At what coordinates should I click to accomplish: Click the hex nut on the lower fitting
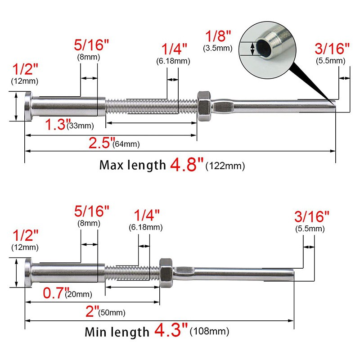[x=166, y=272]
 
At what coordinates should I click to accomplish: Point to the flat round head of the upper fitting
[x=28, y=106]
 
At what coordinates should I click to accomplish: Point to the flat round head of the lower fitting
[x=28, y=272]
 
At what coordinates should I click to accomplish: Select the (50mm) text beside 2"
[x=112, y=312]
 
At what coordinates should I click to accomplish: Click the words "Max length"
[x=132, y=165]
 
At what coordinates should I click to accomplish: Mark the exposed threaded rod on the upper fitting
[x=151, y=107]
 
